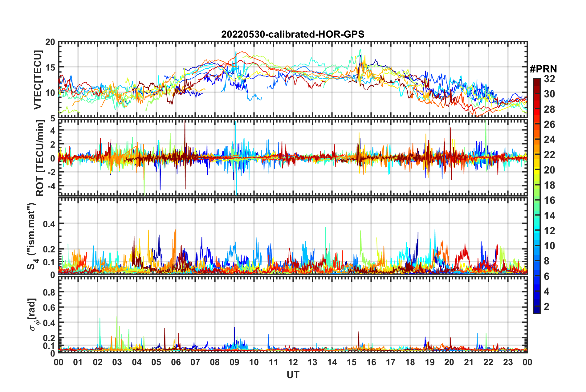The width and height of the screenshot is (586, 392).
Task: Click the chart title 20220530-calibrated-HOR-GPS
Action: [293, 34]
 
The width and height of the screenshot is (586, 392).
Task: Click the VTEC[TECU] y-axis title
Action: [38, 80]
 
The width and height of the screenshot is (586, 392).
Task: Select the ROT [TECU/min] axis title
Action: [40, 158]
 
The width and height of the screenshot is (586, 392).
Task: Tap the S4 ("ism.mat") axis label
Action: [32, 236]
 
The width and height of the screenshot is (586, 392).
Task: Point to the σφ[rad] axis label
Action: [33, 314]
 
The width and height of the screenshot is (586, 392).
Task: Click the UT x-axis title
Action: [293, 375]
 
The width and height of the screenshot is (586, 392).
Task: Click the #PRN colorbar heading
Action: [543, 69]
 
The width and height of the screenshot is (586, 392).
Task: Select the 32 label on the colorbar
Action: [549, 79]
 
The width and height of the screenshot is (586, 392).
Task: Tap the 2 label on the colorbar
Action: [547, 306]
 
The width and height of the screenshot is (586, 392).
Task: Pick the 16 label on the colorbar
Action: [549, 200]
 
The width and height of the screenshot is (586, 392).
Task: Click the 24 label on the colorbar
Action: [549, 140]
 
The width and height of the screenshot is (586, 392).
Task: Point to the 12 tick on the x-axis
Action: [293, 362]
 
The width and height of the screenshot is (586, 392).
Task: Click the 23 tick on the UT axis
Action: [508, 362]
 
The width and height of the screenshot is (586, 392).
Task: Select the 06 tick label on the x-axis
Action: [176, 362]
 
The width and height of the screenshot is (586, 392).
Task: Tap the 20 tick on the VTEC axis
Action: [50, 42]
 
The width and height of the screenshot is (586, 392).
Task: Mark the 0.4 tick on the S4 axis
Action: [49, 224]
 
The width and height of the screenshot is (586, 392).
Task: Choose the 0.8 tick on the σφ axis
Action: [49, 292]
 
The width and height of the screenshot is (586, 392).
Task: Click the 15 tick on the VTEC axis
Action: [50, 67]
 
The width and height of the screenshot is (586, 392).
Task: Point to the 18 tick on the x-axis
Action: [410, 362]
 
